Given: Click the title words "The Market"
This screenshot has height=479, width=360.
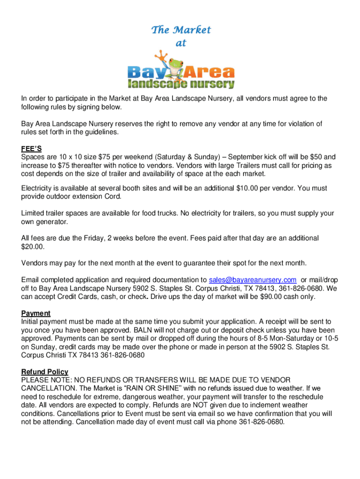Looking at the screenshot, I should tap(180, 30).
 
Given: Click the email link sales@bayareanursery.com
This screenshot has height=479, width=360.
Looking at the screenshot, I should tap(252, 280).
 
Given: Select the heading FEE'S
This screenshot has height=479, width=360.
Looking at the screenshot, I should tap(31, 149).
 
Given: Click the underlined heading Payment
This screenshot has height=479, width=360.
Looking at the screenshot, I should tap(36, 313).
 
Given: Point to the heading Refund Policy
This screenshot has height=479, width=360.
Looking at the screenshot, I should tap(45, 372).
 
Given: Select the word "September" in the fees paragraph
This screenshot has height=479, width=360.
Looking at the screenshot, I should tap(254, 157).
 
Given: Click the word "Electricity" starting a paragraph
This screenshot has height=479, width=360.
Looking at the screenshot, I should tap(38, 188).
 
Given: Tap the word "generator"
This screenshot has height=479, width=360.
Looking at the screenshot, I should tap(52, 221).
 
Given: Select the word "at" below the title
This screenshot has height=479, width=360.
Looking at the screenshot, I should tap(180, 43).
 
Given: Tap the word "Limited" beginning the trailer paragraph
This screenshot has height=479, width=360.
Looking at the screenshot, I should tap(33, 213).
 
